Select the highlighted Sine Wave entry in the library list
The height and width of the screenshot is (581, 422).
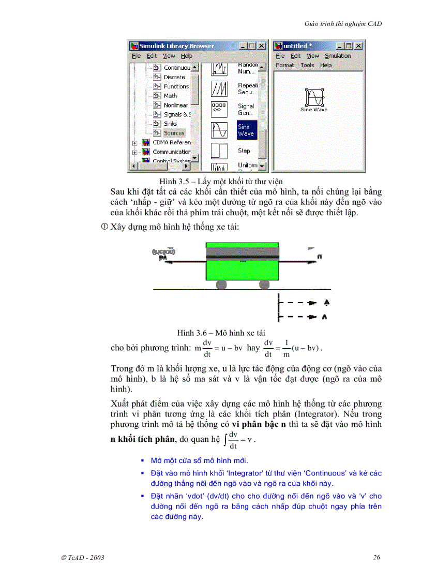(246, 130)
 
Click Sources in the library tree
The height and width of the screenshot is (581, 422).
(174, 133)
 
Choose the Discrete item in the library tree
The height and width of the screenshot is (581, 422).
(174, 77)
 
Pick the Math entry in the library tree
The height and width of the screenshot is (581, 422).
(170, 96)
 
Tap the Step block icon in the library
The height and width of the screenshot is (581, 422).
(219, 151)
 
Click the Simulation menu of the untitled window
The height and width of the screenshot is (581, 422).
(338, 56)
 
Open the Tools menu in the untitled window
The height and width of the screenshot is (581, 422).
(307, 65)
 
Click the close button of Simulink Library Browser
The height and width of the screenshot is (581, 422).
(262, 46)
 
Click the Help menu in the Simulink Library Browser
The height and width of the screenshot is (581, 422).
(186, 56)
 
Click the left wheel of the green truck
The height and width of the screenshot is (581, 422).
(221, 285)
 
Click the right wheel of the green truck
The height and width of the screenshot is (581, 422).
(264, 285)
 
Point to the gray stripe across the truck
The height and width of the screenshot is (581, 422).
(242, 254)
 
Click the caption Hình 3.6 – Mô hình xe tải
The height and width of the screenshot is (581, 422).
(221, 333)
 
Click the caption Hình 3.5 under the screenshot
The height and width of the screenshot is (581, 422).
(221, 181)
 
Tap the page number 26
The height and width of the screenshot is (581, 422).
(376, 557)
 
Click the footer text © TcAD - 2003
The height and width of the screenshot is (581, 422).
(83, 557)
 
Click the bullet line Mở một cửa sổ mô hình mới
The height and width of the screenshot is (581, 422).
(200, 460)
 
